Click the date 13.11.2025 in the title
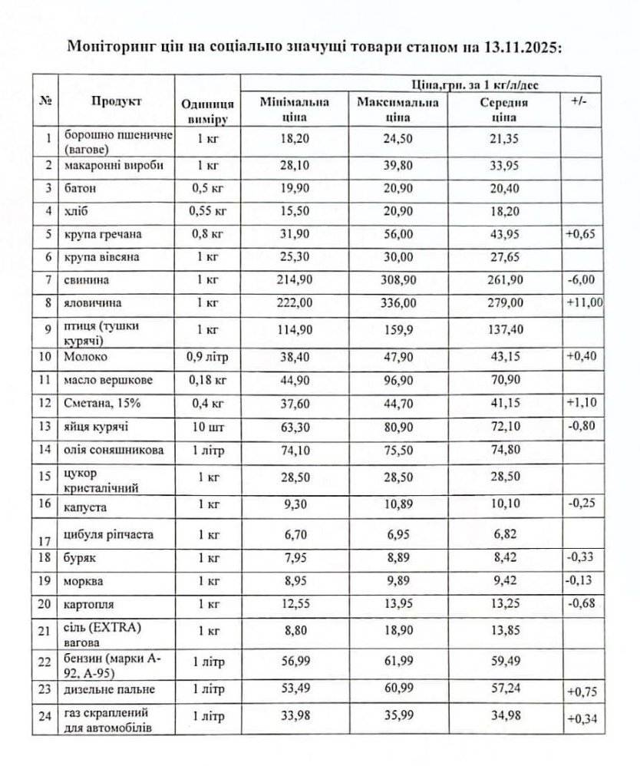coord(523,45)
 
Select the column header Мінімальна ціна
coord(295,110)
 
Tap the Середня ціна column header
coord(503,110)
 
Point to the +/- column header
coord(581,102)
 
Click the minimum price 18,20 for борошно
coord(295,139)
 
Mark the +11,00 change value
coord(584,303)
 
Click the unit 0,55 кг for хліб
coord(207,210)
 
